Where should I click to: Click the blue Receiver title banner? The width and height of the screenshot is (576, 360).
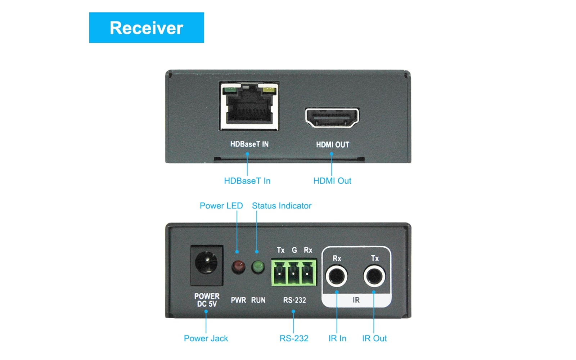[147, 28]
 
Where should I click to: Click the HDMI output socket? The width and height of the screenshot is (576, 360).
[332, 118]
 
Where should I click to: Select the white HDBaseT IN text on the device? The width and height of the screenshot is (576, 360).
[249, 144]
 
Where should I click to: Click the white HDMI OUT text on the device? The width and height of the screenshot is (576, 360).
[332, 145]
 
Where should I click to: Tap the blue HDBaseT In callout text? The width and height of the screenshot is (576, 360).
[247, 181]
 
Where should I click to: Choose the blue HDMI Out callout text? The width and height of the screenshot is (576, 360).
[332, 181]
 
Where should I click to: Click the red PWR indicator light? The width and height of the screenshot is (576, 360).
[238, 267]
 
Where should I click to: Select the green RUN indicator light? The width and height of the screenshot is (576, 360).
[258, 267]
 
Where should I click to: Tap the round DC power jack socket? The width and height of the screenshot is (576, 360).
[206, 262]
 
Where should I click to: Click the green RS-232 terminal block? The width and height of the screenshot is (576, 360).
[293, 273]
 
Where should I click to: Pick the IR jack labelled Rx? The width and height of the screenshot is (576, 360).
[336, 276]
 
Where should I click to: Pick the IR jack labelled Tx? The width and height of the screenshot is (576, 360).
[374, 276]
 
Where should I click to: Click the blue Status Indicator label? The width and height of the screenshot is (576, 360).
[282, 206]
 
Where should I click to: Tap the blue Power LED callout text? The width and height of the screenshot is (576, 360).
[221, 206]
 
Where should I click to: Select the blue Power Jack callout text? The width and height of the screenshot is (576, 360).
[206, 338]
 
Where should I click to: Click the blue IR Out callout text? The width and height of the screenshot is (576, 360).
[374, 338]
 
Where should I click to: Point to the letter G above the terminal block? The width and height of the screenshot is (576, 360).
[294, 250]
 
